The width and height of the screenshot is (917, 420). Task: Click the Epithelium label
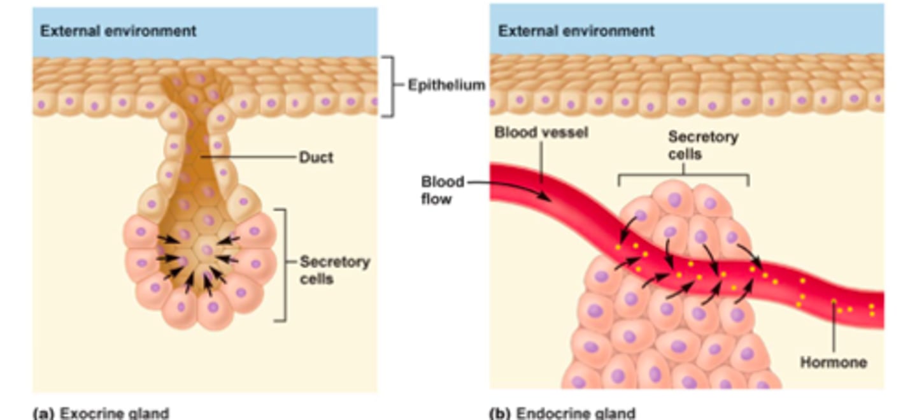coord(446,85)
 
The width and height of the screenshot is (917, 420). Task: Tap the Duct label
coord(316,157)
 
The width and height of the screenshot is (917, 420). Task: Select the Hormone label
coord(833,362)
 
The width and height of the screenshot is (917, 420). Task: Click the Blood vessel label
coord(541,133)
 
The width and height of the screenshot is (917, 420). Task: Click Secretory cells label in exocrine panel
coord(334,270)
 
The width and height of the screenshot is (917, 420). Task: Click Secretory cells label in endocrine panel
coord(702,145)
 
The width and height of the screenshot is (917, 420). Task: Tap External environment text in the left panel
coord(118,31)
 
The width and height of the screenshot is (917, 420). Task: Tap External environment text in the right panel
coord(576,31)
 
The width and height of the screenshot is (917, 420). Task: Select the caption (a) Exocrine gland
coord(101,413)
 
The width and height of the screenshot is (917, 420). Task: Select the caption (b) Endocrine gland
coord(562,413)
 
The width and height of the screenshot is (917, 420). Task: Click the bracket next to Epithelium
coord(390,86)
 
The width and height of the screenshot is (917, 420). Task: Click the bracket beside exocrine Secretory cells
coord(284,264)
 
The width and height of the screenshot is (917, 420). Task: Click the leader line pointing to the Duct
coord(248,157)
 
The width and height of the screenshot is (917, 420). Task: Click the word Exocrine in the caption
coord(86,413)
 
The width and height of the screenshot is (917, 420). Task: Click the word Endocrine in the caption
coord(546,413)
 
